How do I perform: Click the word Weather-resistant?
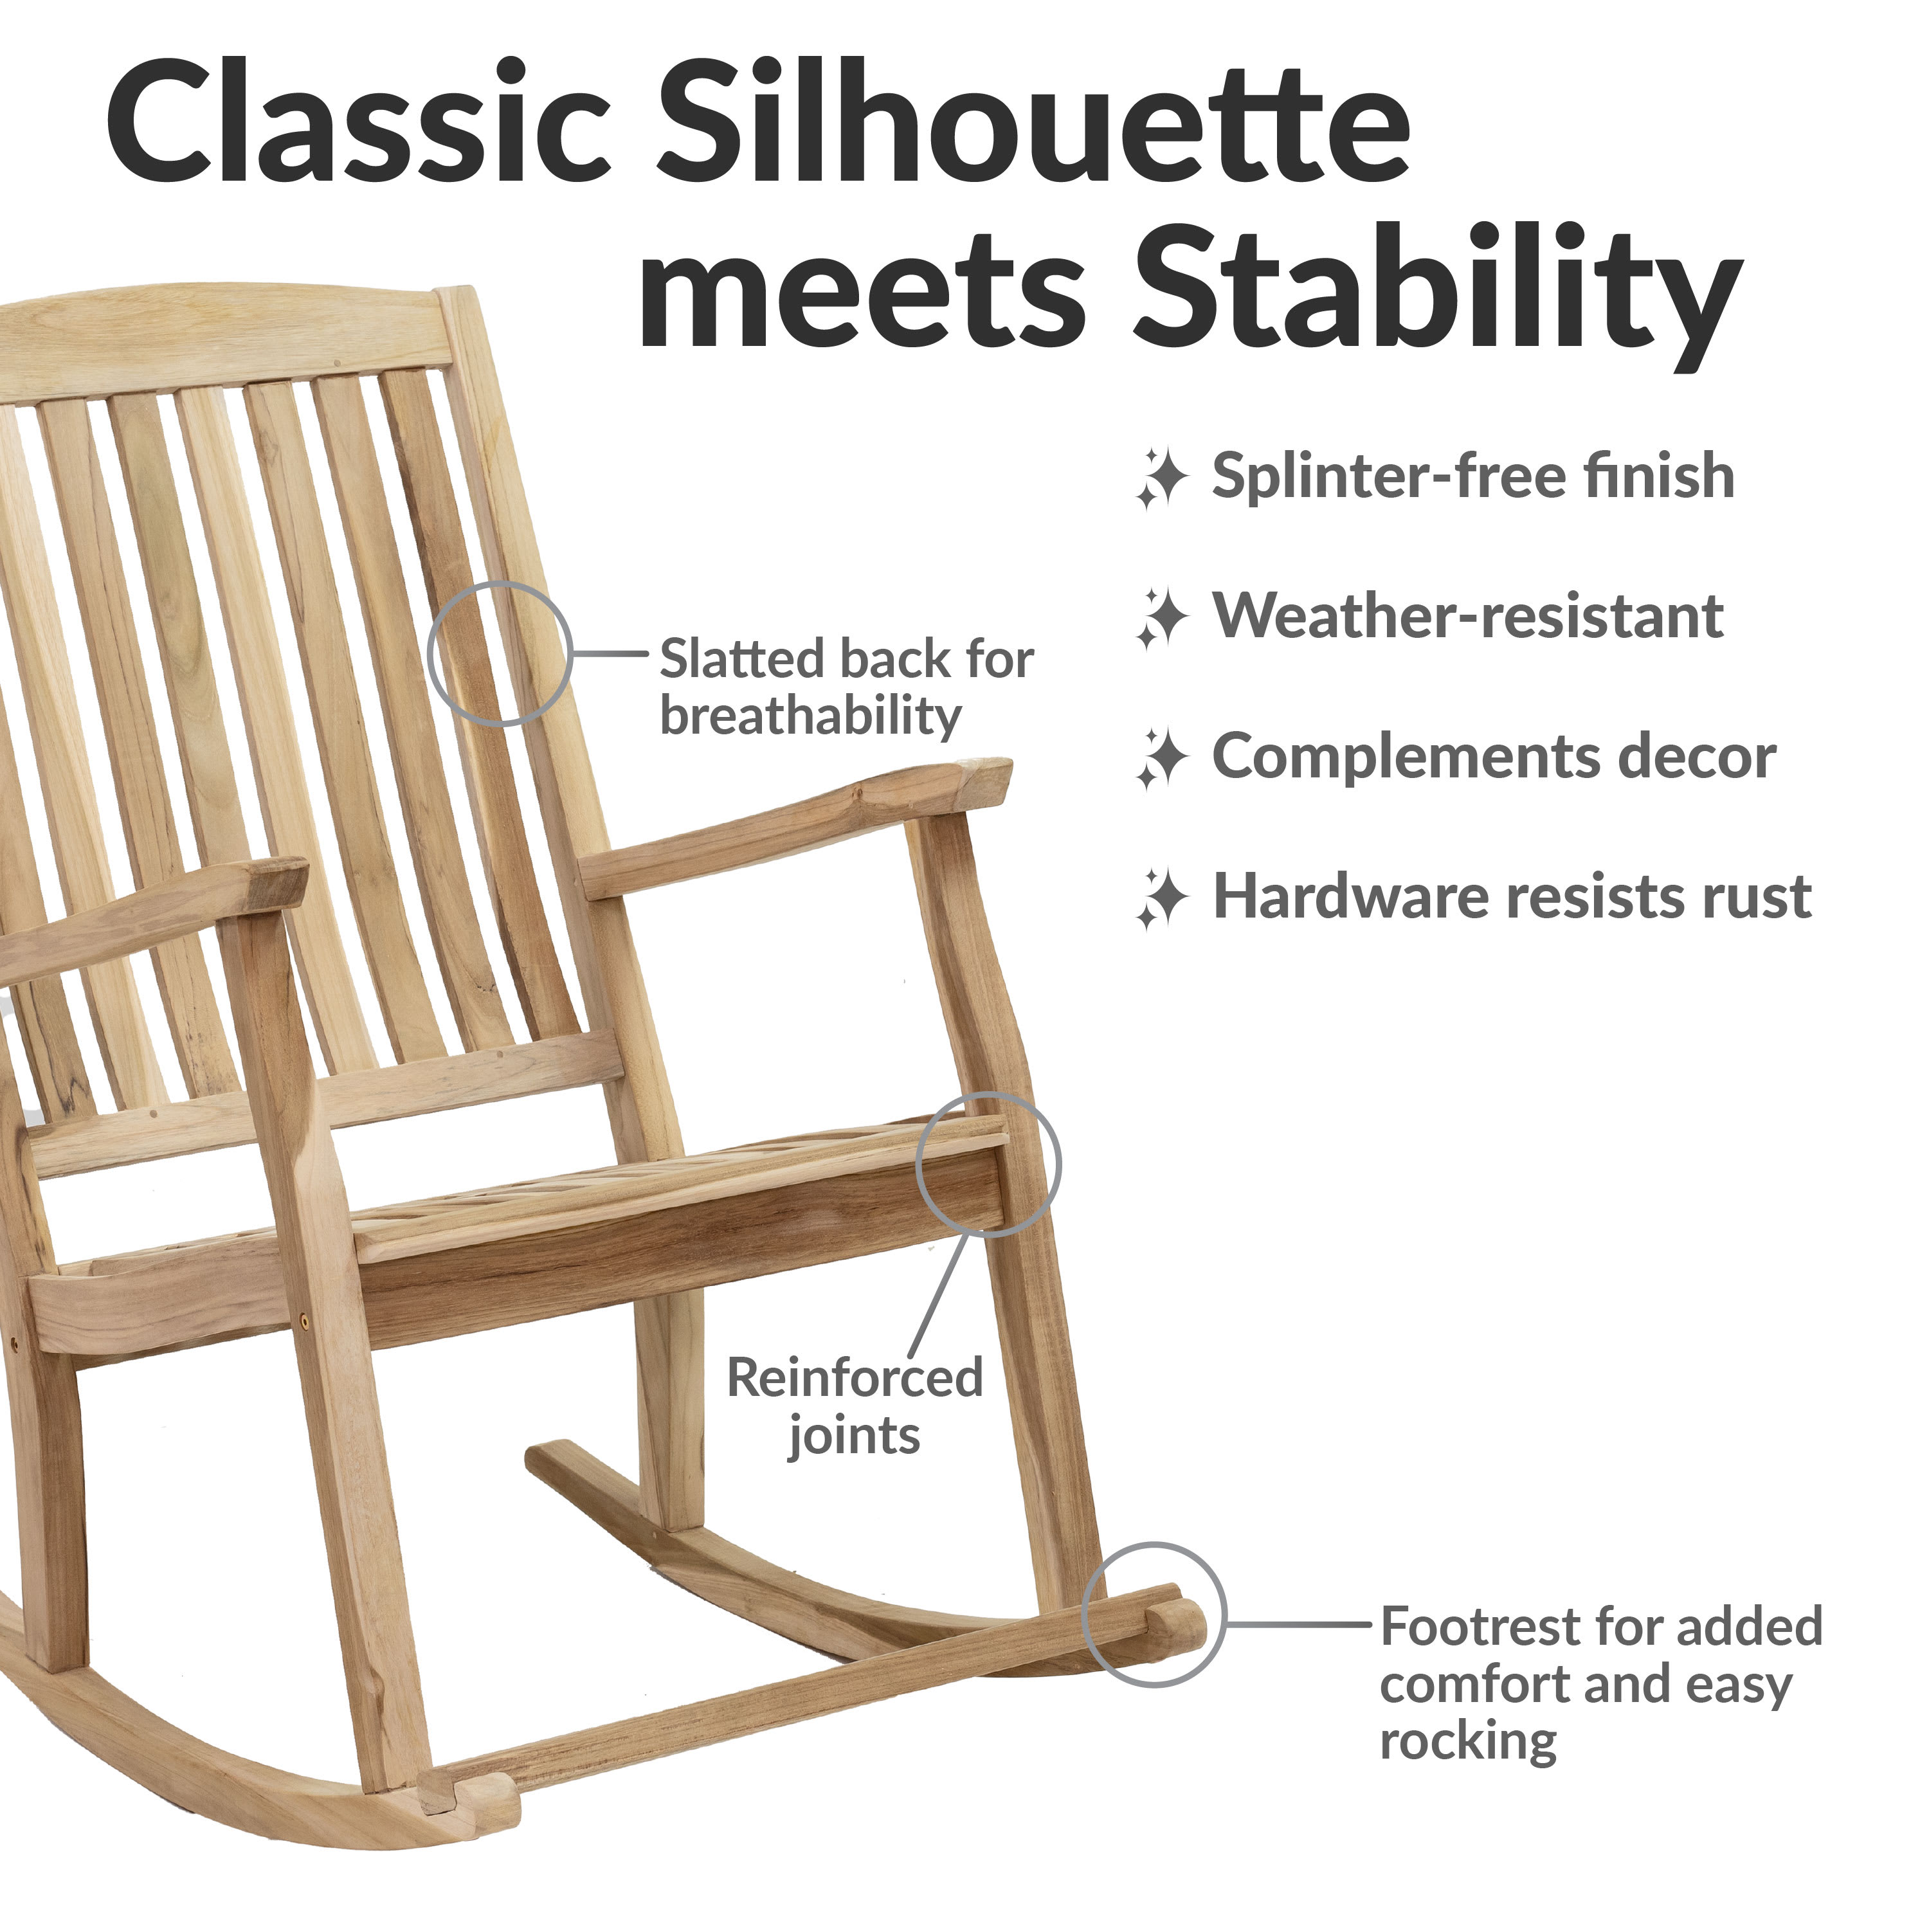click(1468, 616)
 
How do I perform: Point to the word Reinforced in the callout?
click(855, 1378)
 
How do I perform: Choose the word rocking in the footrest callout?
click(1468, 1743)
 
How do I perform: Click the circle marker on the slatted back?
click(499, 582)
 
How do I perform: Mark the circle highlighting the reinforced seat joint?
click(988, 1093)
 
